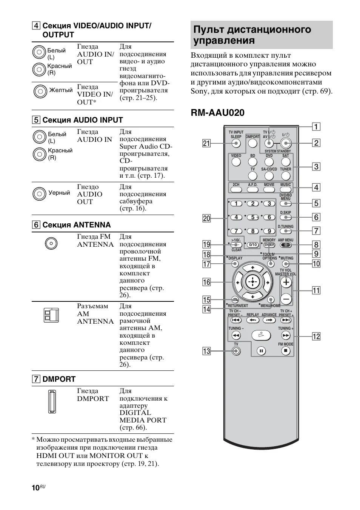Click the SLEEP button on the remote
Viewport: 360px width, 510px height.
click(x=236, y=143)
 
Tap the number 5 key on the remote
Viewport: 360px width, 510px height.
click(x=252, y=217)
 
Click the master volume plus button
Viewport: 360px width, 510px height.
click(x=286, y=282)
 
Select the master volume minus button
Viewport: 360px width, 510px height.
click(x=286, y=299)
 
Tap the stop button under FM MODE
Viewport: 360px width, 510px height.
click(x=286, y=351)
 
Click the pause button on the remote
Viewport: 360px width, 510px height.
click(x=261, y=351)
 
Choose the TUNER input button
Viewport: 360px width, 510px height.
click(x=286, y=176)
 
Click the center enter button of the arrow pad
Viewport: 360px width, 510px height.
click(x=252, y=281)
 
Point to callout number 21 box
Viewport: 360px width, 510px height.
click(x=206, y=143)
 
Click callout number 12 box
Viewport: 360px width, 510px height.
click(x=316, y=336)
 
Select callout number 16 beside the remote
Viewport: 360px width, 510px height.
click(x=206, y=282)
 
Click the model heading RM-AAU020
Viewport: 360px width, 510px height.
click(x=217, y=112)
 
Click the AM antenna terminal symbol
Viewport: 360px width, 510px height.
click(x=51, y=315)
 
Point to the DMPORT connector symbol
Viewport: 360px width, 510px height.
click(x=51, y=401)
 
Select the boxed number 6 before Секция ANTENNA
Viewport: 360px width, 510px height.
click(x=36, y=225)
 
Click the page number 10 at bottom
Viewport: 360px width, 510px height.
click(x=35, y=488)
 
